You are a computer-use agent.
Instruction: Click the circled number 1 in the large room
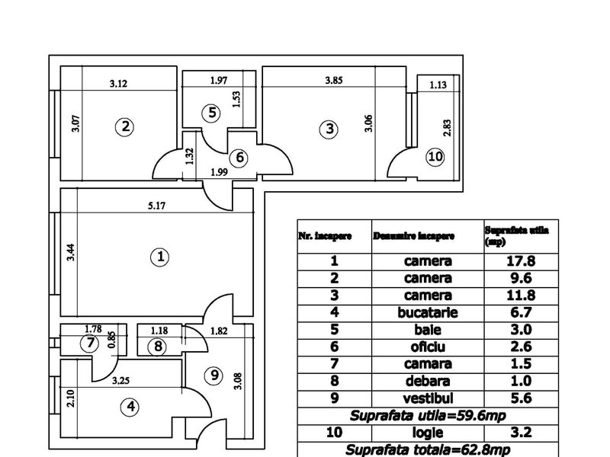point(160,257)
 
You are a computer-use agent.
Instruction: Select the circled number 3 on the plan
point(329,129)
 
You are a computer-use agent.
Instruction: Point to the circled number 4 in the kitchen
point(132,407)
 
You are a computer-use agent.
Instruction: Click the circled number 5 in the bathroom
point(212,113)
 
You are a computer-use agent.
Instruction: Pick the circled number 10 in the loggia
point(435,158)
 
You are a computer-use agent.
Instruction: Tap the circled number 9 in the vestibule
point(214,375)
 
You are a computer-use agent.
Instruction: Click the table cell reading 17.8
point(521,260)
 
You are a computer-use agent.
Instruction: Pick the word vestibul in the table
point(429,398)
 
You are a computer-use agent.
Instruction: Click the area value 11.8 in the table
point(521,295)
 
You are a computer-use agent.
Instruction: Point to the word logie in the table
point(429,433)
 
